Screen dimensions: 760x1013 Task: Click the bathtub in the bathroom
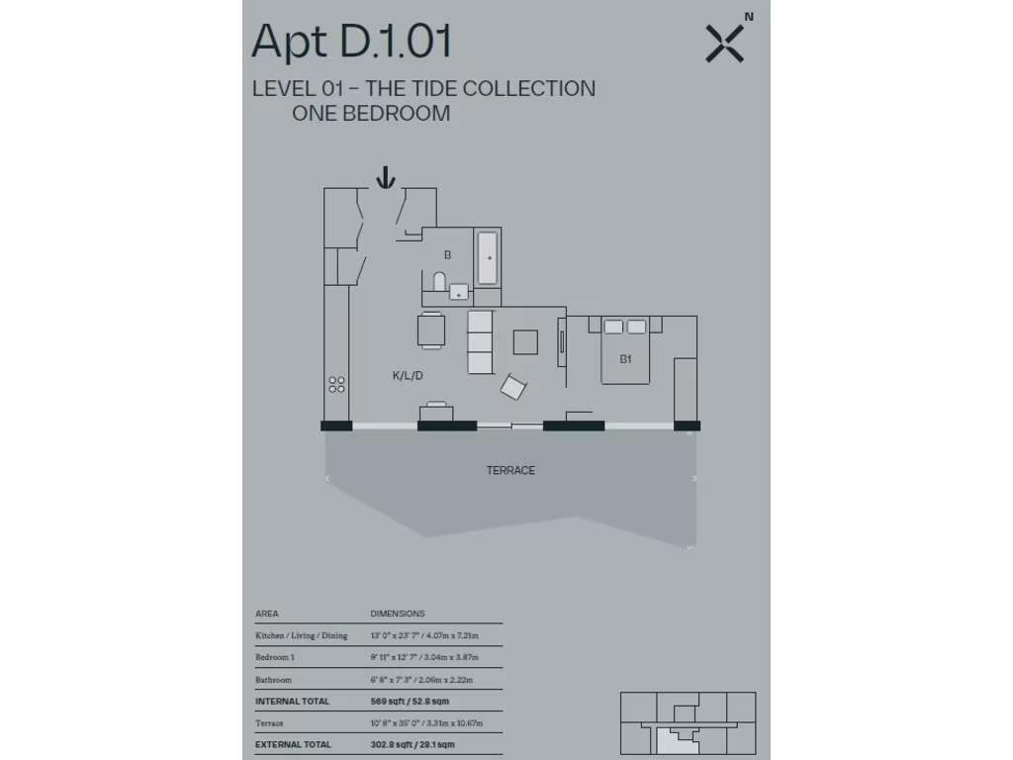[x=487, y=257]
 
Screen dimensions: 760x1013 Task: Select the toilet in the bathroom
[x=440, y=283]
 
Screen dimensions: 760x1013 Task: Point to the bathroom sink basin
[x=459, y=291]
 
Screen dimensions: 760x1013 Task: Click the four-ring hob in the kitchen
[x=337, y=384]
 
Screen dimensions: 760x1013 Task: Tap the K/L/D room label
[x=408, y=376]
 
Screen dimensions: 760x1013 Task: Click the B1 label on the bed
[x=625, y=359]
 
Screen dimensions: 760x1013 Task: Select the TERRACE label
[x=510, y=470]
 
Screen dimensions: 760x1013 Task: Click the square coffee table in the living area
[x=525, y=341]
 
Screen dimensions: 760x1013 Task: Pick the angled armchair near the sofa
[x=513, y=386]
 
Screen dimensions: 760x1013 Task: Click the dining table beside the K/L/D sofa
[x=431, y=330]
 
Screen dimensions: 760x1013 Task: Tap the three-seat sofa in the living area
[x=480, y=342]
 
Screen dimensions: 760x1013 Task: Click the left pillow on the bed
[x=613, y=326]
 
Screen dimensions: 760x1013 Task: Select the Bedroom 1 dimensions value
[x=424, y=657]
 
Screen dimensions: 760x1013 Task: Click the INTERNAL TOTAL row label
[x=293, y=701]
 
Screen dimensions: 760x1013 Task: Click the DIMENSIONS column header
[x=398, y=614]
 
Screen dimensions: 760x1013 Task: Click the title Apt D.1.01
[x=352, y=43]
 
